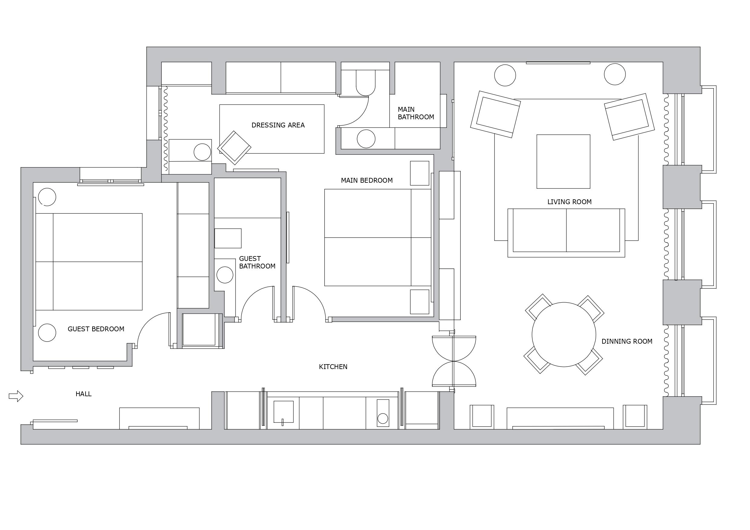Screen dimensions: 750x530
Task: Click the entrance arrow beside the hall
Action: click(16, 396)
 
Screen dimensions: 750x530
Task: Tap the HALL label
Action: click(83, 394)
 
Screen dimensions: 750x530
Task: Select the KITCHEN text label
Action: click(333, 367)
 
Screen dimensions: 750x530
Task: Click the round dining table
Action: click(564, 335)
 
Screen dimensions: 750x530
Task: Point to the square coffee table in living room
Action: click(563, 161)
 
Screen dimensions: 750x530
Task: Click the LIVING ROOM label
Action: click(569, 202)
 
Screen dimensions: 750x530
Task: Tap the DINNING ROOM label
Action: click(627, 341)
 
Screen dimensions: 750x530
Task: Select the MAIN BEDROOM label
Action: click(366, 181)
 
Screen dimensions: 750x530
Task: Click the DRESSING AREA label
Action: click(278, 125)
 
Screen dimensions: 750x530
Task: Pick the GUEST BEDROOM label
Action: click(96, 329)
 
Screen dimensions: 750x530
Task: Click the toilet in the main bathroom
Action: click(365, 82)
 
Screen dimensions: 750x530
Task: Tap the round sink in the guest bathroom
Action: click(225, 275)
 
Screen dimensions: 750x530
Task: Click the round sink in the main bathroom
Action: click(366, 139)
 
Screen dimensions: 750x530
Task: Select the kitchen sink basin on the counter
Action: click(283, 412)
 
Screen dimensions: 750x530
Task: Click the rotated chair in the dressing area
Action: click(234, 148)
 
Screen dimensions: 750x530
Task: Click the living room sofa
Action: click(566, 233)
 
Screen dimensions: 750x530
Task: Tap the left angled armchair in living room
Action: click(495, 114)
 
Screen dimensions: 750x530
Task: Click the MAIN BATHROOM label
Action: click(416, 113)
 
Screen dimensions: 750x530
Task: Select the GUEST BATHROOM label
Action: click(257, 262)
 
